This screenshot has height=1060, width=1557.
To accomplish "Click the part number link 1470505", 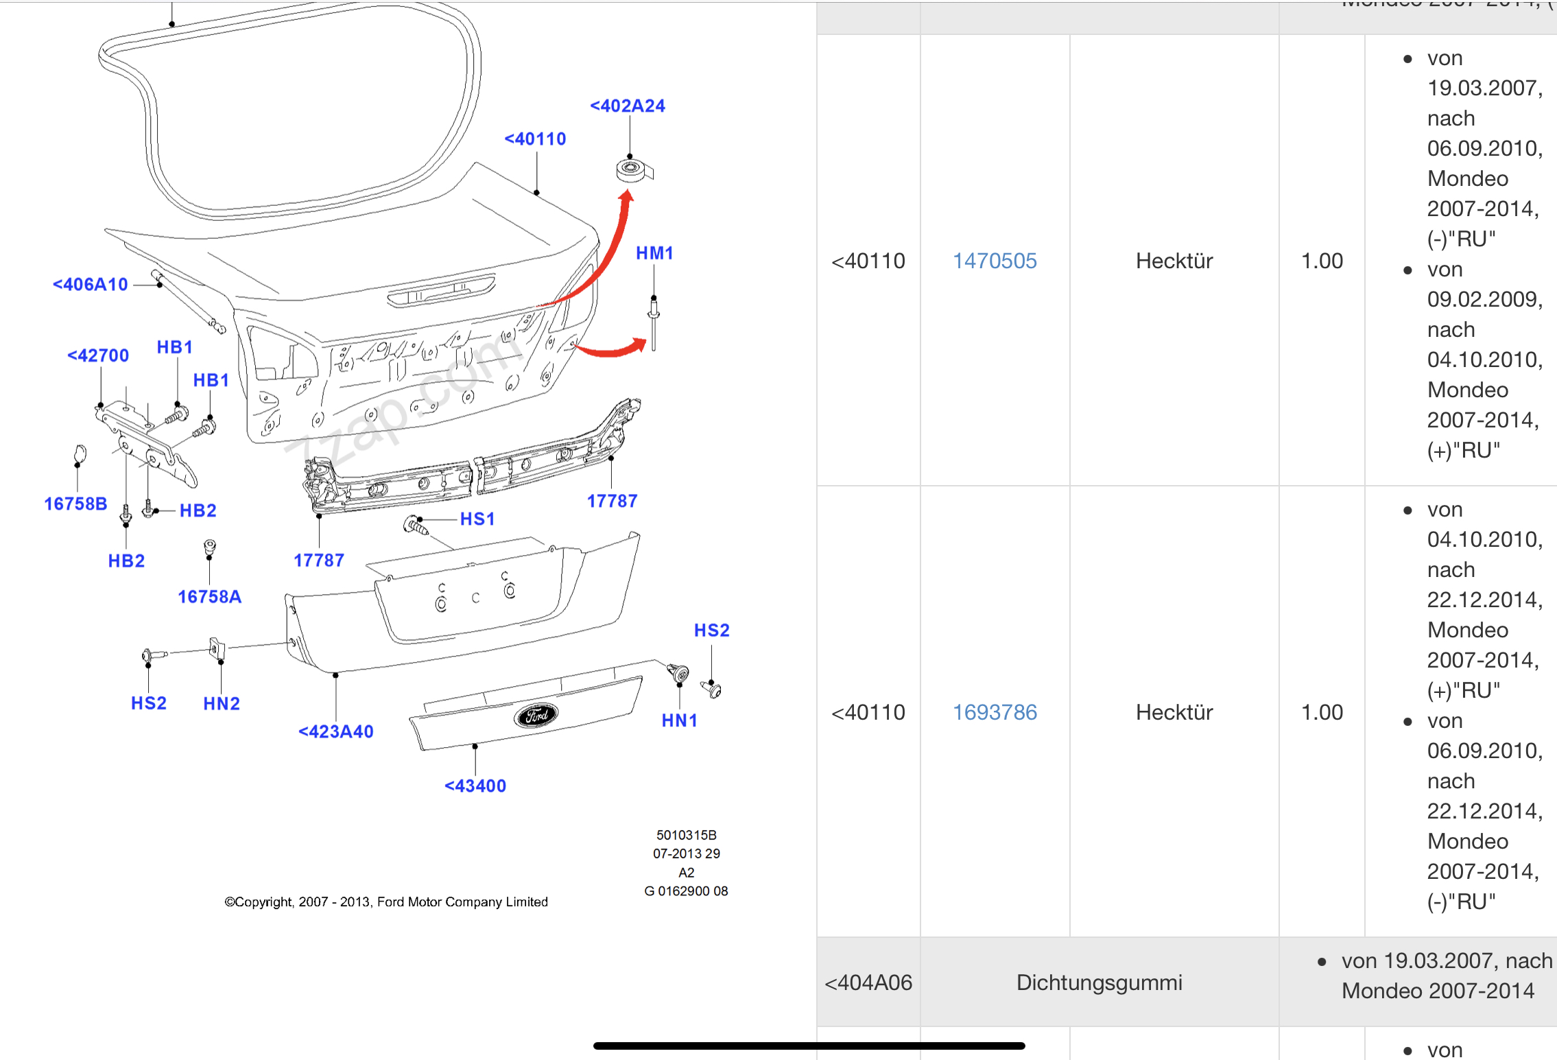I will tap(995, 261).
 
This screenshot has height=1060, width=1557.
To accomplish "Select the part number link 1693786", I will tap(995, 712).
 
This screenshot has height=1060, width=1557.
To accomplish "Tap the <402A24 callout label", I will tap(628, 106).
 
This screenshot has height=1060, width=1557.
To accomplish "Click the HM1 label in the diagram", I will tap(654, 253).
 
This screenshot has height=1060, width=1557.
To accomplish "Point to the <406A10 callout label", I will tap(91, 284).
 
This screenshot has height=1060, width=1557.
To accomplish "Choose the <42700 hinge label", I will tap(98, 355).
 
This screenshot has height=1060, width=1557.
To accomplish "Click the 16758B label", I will tap(75, 504).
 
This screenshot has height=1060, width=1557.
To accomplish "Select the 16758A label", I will tap(209, 597).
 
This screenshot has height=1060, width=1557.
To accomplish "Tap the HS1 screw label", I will tap(477, 519).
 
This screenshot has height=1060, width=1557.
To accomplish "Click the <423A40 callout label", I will tap(336, 731).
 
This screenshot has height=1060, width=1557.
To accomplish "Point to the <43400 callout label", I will tap(475, 786).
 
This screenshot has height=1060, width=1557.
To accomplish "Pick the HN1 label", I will tap(679, 720).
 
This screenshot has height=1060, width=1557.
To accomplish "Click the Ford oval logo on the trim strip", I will tap(536, 715).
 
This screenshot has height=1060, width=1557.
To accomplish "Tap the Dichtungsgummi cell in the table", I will tap(1099, 982).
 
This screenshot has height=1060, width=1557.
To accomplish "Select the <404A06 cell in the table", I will tap(868, 982).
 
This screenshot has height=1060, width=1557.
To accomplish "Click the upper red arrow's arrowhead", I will tap(626, 197).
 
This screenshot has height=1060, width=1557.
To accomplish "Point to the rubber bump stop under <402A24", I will tap(631, 169).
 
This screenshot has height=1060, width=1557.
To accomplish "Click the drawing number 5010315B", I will tap(686, 835).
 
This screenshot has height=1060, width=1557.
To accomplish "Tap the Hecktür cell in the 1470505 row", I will tap(1174, 261).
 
